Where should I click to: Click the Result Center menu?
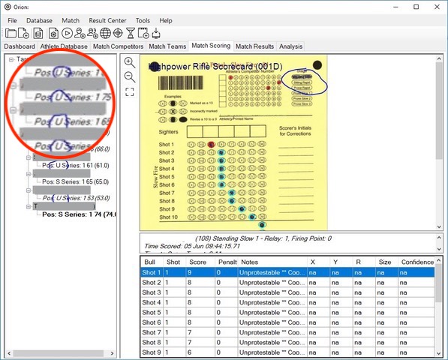click(108, 20)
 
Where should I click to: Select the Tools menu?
click(143, 20)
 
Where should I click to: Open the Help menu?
click(166, 20)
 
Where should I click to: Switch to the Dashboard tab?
click(20, 46)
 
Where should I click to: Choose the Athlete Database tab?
click(64, 46)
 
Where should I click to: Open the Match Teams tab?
click(167, 46)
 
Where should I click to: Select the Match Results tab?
click(254, 46)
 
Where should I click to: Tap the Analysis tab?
click(291, 46)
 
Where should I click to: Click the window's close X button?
click(435, 7)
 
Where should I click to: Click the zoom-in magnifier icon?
click(130, 62)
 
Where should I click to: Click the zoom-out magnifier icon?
click(130, 76)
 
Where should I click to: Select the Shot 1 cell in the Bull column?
click(152, 273)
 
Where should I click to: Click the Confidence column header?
click(417, 262)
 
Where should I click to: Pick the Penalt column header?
click(227, 262)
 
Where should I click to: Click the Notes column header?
click(248, 262)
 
